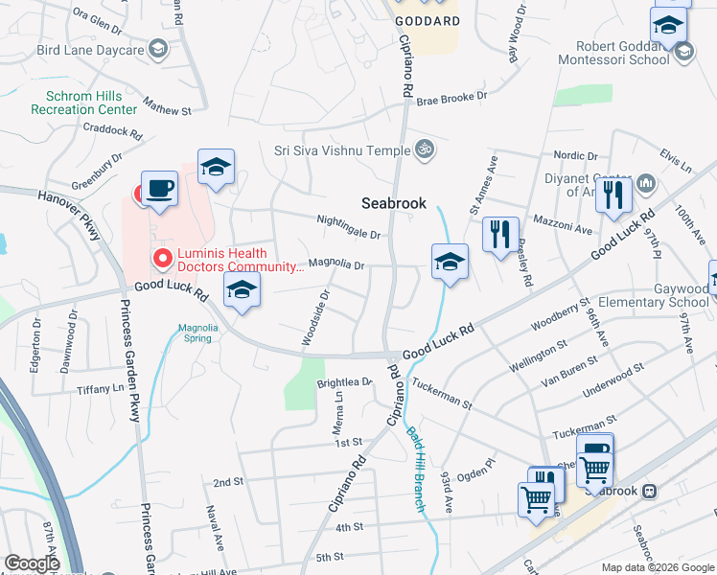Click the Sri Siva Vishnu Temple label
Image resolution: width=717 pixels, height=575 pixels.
click(x=340, y=149)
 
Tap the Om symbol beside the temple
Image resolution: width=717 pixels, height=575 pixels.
click(x=424, y=149)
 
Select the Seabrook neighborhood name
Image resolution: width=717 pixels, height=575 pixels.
click(x=393, y=203)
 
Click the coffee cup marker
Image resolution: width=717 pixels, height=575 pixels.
click(x=159, y=190)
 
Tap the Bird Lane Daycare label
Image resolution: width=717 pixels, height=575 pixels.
click(x=89, y=49)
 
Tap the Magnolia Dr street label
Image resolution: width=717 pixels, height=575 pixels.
click(x=336, y=264)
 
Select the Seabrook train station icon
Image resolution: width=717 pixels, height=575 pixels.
click(x=650, y=491)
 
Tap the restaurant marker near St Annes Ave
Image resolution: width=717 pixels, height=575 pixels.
click(x=500, y=234)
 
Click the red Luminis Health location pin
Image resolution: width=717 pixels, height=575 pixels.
click(x=162, y=258)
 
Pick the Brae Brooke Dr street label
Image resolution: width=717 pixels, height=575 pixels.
click(x=451, y=97)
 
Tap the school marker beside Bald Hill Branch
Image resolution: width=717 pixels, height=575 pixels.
click(x=450, y=263)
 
